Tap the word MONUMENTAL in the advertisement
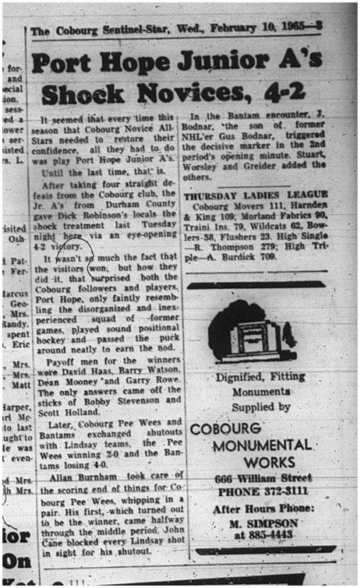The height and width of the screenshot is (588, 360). click(x=258, y=445)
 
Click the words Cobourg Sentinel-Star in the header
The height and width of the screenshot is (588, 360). click(x=99, y=31)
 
